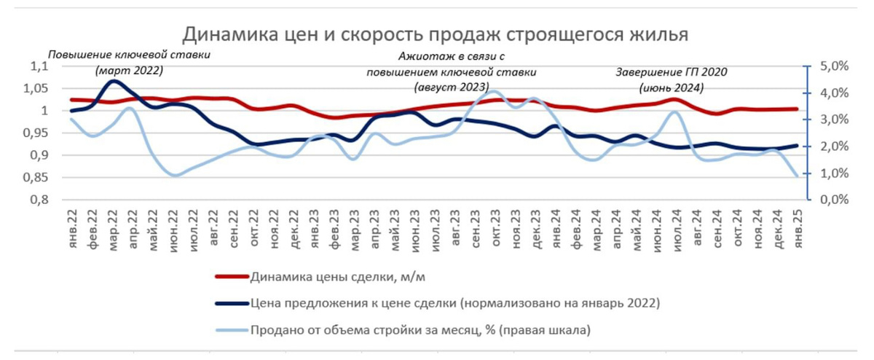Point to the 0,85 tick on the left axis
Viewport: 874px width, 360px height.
34,177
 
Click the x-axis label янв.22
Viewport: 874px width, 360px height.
72,227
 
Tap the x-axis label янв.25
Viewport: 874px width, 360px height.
796,227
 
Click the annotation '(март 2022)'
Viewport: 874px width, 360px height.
129,71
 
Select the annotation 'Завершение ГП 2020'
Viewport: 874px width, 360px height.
671,72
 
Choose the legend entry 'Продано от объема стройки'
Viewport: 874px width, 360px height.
419,330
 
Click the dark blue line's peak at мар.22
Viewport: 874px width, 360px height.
113,81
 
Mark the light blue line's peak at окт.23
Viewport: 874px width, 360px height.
495,92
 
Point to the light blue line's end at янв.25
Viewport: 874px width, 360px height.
796,176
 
